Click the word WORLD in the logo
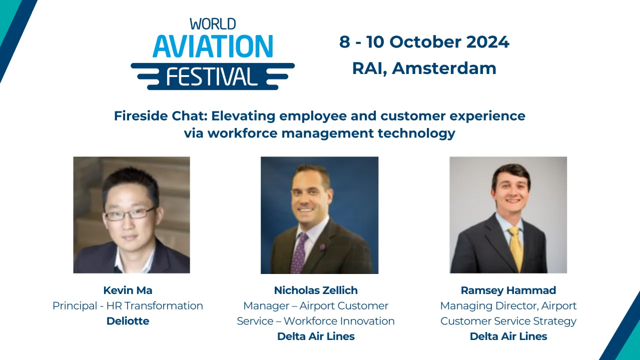213,23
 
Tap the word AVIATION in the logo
213,46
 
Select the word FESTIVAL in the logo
212,76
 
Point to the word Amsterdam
444,68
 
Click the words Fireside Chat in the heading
160,116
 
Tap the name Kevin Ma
128,290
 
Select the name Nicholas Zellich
316,290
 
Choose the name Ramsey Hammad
508,290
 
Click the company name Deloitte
128,321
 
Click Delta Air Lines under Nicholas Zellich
316,336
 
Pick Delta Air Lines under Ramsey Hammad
508,336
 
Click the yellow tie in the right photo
516,247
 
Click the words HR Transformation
164,305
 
